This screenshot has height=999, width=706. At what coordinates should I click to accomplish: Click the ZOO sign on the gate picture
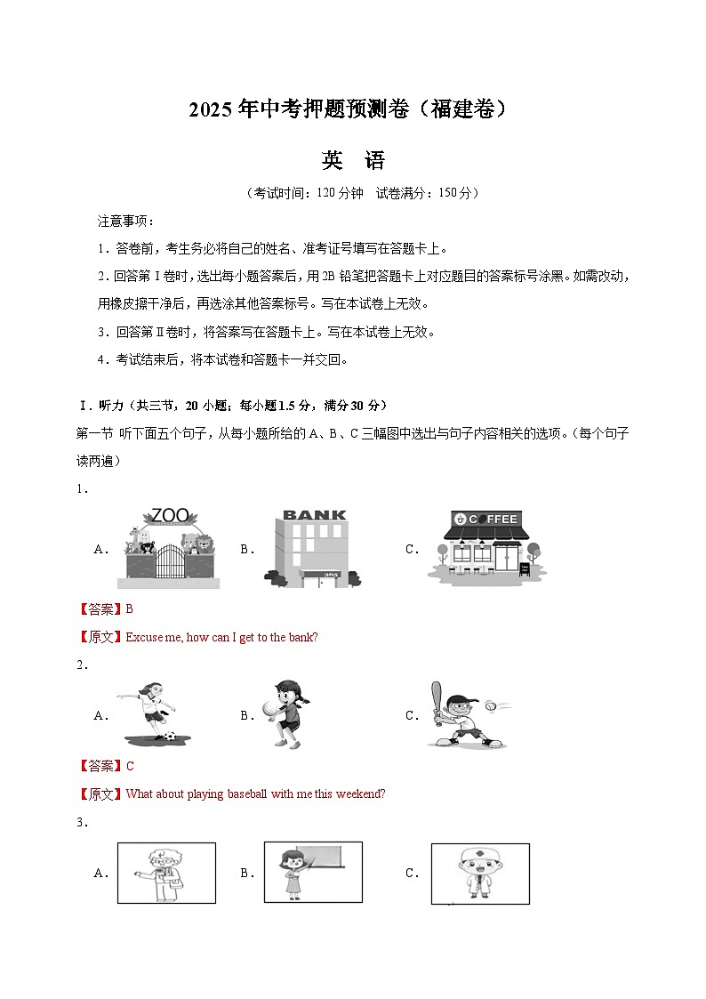pos(170,515)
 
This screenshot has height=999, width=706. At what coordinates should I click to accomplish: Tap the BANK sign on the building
pos(313,515)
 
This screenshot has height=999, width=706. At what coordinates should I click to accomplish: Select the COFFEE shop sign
pos(485,520)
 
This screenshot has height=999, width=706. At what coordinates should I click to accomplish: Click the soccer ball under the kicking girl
pos(170,737)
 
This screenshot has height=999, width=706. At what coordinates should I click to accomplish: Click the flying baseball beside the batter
pos(492,705)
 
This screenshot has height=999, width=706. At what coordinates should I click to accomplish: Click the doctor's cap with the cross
pos(480,855)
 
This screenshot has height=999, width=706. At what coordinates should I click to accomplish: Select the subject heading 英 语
pos(353,161)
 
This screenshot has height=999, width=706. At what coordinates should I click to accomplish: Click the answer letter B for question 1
pos(129,609)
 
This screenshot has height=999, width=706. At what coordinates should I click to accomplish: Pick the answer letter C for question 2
pos(130,766)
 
